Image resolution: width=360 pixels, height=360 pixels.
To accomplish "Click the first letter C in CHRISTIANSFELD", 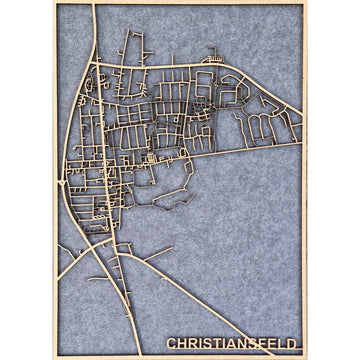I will (x=171, y=344).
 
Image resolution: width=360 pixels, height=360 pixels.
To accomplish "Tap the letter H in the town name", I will (x=182, y=344).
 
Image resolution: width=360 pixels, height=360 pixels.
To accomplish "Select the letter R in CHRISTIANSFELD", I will (x=193, y=344).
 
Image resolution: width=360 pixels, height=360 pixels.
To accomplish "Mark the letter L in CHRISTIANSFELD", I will (x=283, y=344).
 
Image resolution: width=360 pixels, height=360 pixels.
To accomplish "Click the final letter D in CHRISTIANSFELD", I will (x=292, y=344).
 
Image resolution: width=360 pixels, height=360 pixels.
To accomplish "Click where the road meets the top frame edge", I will (x=96, y=5).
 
